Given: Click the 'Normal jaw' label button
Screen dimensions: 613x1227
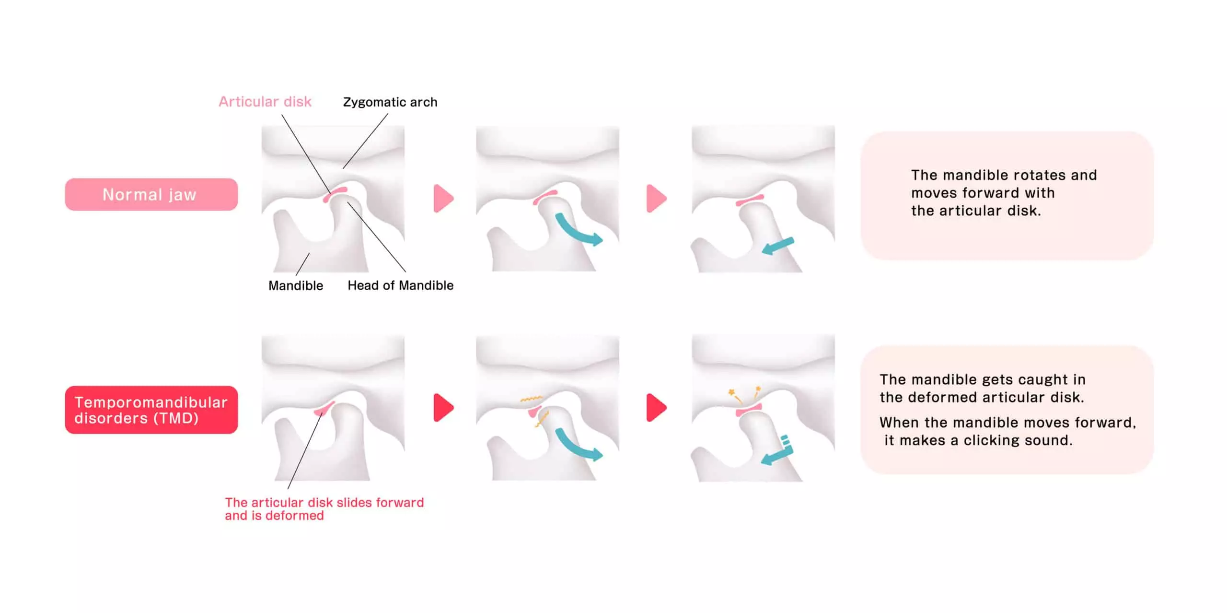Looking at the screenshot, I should tap(151, 194).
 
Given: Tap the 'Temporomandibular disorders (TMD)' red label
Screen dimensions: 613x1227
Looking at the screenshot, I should tap(151, 410).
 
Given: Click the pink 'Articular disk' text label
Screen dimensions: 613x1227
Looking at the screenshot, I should tap(265, 102).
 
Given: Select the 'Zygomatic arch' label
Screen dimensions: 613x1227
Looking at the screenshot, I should tap(390, 102).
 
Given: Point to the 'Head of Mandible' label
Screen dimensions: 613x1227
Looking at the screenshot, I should tap(400, 285).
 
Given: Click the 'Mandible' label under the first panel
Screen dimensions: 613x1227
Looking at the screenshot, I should tap(296, 286).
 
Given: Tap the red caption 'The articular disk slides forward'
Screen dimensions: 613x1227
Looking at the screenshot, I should tap(324, 502).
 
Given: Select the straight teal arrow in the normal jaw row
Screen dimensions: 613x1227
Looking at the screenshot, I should tap(778, 247).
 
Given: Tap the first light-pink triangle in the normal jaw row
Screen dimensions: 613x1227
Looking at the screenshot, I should tap(443, 198).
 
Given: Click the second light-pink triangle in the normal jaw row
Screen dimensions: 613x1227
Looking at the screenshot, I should tap(656, 198).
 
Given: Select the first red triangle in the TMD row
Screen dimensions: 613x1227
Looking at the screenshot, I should tap(443, 408).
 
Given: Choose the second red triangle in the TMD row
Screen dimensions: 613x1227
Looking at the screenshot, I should tap(656, 408).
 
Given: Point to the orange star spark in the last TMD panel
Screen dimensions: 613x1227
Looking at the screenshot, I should tap(732, 392).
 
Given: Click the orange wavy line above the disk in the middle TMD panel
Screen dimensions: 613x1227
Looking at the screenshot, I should tap(531, 399).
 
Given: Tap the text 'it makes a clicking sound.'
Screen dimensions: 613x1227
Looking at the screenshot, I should tap(978, 440).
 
